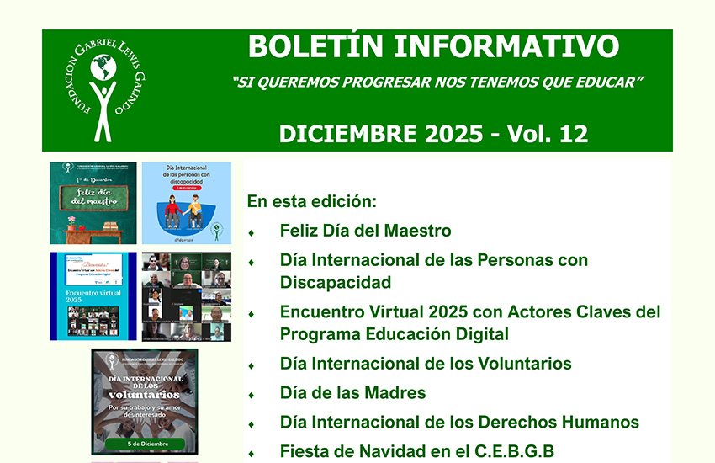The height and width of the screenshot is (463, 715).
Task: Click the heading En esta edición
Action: [x=311, y=202]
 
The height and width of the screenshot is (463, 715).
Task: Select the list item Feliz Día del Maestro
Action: [x=365, y=231]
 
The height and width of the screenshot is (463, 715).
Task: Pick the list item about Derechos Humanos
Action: [x=459, y=423]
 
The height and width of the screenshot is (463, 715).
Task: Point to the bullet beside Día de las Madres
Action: [x=252, y=394]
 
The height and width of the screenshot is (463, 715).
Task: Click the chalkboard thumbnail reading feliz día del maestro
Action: [x=93, y=203]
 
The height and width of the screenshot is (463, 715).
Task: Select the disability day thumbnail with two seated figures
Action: [x=186, y=203]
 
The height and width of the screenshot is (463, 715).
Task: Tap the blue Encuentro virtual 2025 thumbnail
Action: [x=93, y=296]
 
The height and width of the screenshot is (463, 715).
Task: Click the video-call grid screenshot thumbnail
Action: [x=186, y=296]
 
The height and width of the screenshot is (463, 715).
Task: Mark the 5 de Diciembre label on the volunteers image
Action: [x=144, y=443]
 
